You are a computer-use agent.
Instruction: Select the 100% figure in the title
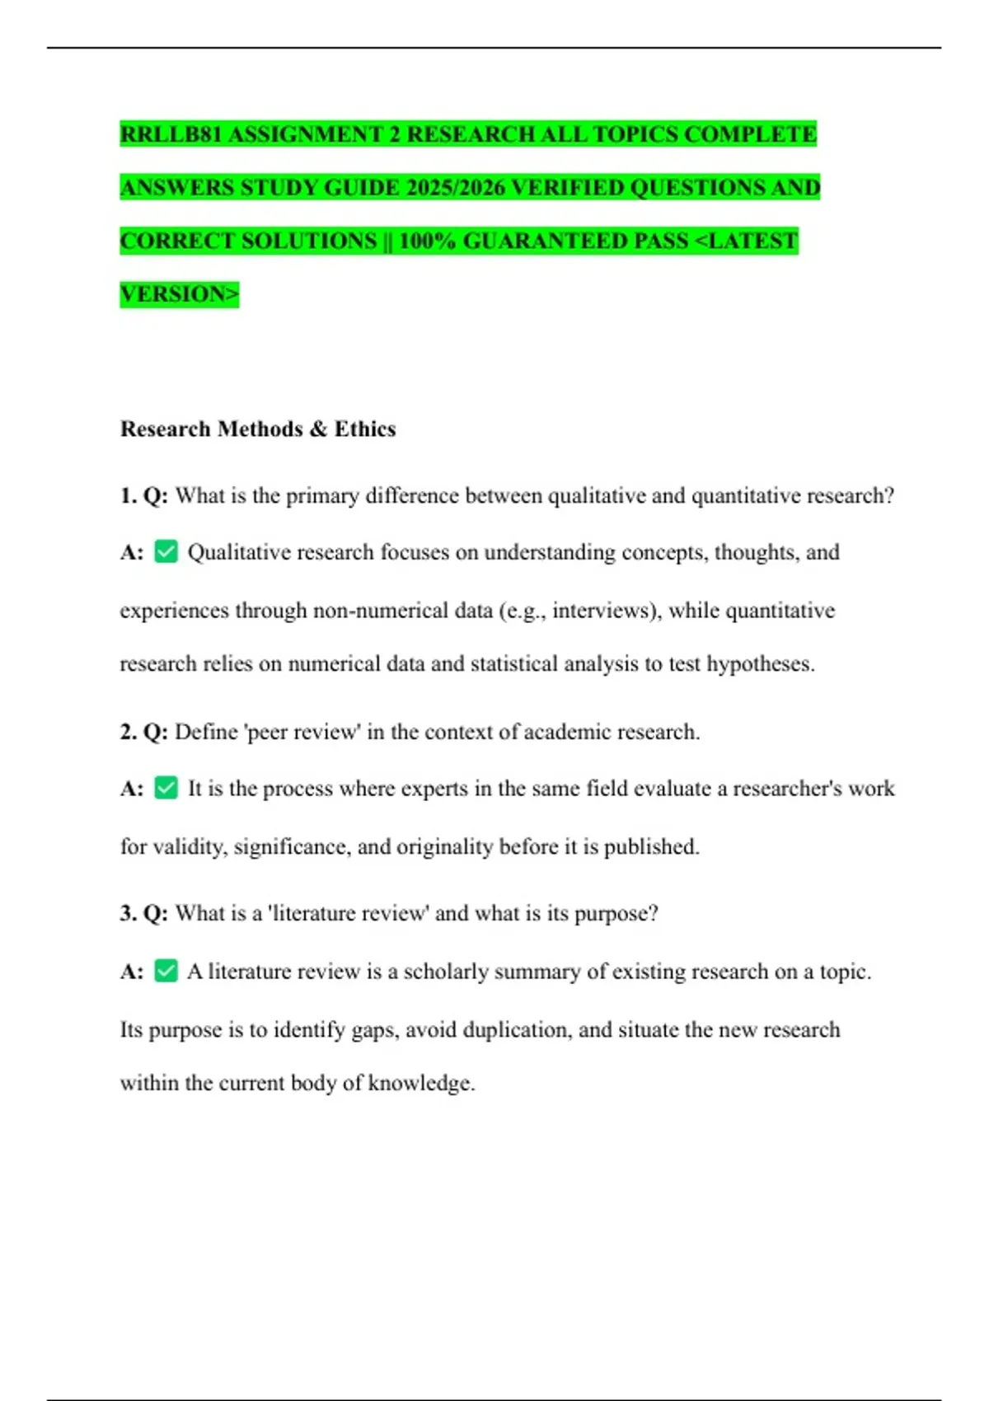tap(427, 241)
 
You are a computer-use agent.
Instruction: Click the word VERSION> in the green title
tap(179, 294)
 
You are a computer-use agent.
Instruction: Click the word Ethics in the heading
tap(365, 429)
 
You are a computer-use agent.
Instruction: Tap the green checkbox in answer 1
tap(166, 551)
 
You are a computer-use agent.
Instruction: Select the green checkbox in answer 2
tap(166, 788)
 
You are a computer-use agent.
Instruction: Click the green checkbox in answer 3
tap(166, 971)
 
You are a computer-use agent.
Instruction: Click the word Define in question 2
tap(206, 732)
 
